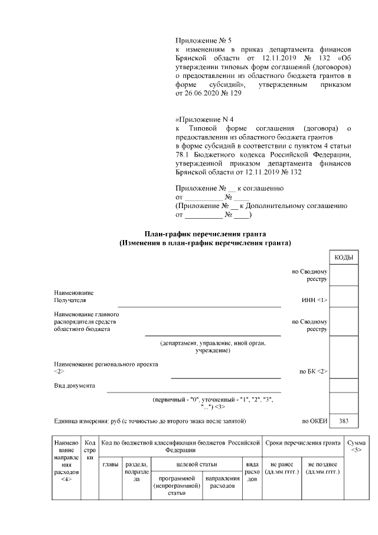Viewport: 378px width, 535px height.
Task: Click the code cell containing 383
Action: (344, 421)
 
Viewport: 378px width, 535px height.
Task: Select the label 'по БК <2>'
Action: (314, 372)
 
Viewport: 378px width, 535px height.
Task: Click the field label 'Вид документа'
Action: (74, 386)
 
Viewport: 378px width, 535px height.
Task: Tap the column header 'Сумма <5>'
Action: (356, 446)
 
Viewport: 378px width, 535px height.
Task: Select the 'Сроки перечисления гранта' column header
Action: (303, 443)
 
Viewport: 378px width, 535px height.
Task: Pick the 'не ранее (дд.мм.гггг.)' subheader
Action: (282, 468)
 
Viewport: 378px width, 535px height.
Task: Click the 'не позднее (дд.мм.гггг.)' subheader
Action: (322, 468)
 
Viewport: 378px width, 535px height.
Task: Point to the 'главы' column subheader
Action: (110, 465)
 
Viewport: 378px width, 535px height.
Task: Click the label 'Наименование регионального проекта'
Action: (106, 365)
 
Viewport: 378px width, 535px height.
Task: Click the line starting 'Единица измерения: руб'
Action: (145, 421)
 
